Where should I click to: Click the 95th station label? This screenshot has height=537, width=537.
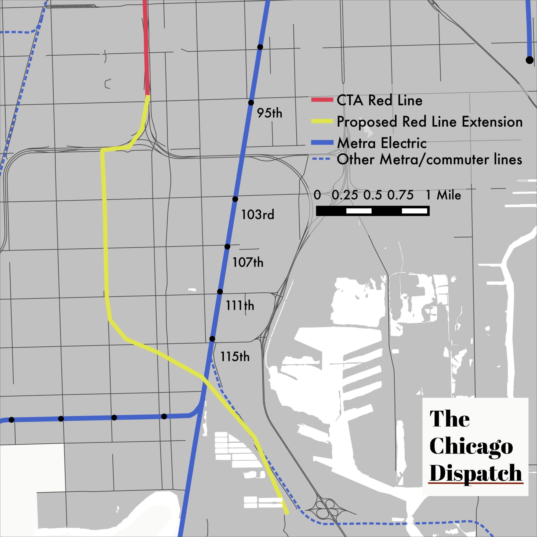tap(269, 113)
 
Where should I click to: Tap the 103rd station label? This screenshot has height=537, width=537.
tap(258, 215)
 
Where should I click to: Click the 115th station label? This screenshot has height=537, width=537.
tap(235, 357)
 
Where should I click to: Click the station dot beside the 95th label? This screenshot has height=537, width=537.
tap(251, 103)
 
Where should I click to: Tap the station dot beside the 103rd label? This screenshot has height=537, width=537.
tap(235, 199)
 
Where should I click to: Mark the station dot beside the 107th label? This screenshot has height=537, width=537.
tap(227, 246)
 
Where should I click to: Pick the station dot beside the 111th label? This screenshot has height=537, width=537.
tap(220, 292)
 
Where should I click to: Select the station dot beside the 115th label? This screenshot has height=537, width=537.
tap(212, 339)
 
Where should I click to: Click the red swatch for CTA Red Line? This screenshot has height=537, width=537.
tap(322, 100)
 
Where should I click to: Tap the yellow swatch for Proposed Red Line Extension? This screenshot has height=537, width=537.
tap(322, 121)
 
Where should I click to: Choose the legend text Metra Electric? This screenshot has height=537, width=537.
tap(382, 143)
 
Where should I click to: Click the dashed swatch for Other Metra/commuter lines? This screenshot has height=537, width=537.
tap(321, 159)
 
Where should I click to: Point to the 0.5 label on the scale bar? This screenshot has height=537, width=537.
tap(372, 195)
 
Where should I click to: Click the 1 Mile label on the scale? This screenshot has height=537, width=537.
tap(443, 195)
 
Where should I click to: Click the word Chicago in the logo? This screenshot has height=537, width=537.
tap(471, 447)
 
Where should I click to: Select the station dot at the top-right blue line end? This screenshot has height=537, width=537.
tap(529, 60)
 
